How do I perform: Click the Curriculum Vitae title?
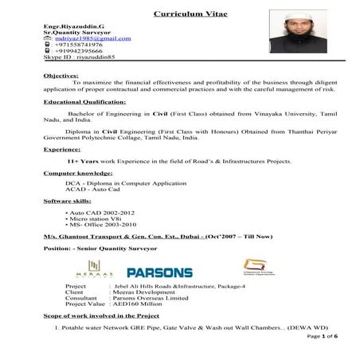pos(180,14)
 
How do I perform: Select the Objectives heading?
pos(60,75)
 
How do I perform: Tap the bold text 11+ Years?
pos(84,161)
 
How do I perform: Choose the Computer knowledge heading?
pos(77,173)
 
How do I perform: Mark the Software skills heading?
pos(68,202)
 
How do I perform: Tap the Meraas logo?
pos(96,272)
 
